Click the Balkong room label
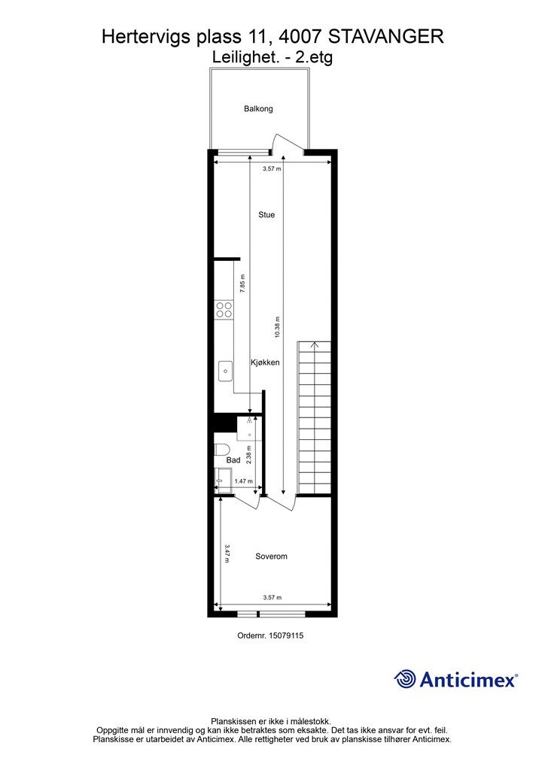[x=258, y=108]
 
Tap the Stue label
[x=266, y=214]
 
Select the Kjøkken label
[x=266, y=362]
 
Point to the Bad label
[x=233, y=460]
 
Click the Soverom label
[x=271, y=556]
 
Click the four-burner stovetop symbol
[x=224, y=309]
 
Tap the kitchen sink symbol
[x=225, y=371]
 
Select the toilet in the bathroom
[x=221, y=450]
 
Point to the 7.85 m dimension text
[x=242, y=283]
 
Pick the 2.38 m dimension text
[x=249, y=454]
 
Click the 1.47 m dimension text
[x=243, y=481]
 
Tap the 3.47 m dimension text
[x=227, y=553]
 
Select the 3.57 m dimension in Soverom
[x=272, y=598]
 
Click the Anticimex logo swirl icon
[x=405, y=679]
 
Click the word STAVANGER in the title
[x=385, y=37]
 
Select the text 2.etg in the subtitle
[x=314, y=58]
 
